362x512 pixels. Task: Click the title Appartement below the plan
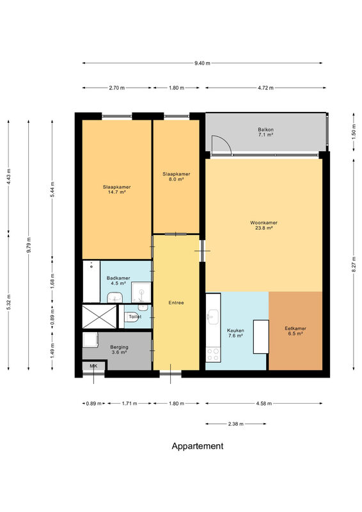point(198,446)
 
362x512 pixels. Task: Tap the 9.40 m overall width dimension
point(202,63)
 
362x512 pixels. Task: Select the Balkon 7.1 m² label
point(265,132)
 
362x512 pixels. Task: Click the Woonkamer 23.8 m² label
point(264,225)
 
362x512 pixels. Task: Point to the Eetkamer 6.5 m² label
point(295,331)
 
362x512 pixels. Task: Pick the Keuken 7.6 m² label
point(235,333)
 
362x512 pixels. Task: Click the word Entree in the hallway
point(177,303)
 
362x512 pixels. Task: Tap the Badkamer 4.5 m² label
point(118,281)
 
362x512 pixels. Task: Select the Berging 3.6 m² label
point(119,349)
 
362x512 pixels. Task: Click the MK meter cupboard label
point(93,366)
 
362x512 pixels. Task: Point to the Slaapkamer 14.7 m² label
point(116,189)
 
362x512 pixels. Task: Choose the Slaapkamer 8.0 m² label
point(177,177)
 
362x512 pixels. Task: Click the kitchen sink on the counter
point(213,317)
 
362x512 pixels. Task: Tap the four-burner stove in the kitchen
point(213,355)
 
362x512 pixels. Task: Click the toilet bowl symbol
point(132,317)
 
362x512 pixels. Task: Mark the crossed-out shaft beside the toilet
point(99,317)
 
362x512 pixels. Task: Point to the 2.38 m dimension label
point(235,424)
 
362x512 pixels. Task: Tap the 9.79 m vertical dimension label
point(29,245)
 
